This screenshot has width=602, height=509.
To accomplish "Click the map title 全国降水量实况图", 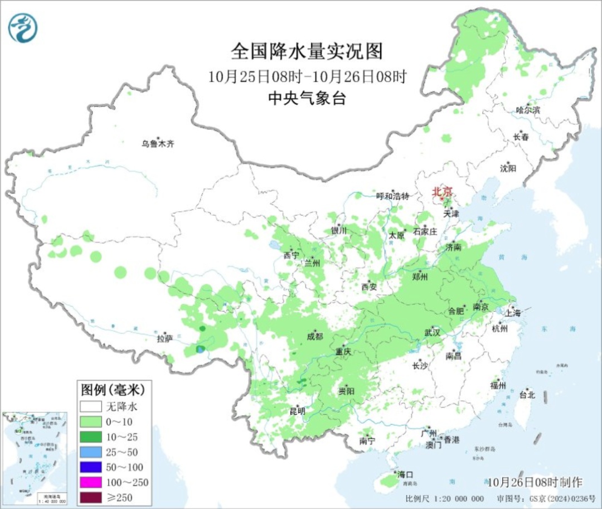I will (307, 52).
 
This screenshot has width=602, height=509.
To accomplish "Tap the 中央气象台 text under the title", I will (307, 99).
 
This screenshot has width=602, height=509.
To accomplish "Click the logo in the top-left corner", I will (23, 27).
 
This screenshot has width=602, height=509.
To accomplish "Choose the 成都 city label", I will (315, 336).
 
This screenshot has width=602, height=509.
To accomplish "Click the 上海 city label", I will (513, 313).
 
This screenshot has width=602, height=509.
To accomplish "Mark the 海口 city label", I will (405, 474).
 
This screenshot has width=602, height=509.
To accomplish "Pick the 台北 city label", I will (527, 395).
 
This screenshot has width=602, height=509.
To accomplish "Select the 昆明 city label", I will (297, 411).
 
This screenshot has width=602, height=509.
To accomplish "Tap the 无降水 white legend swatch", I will (90, 406).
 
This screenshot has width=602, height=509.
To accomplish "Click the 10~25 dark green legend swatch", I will (90, 437).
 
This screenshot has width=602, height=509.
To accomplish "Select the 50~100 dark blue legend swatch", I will (90, 467).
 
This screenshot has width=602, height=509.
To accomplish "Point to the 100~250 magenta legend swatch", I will (90, 482).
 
